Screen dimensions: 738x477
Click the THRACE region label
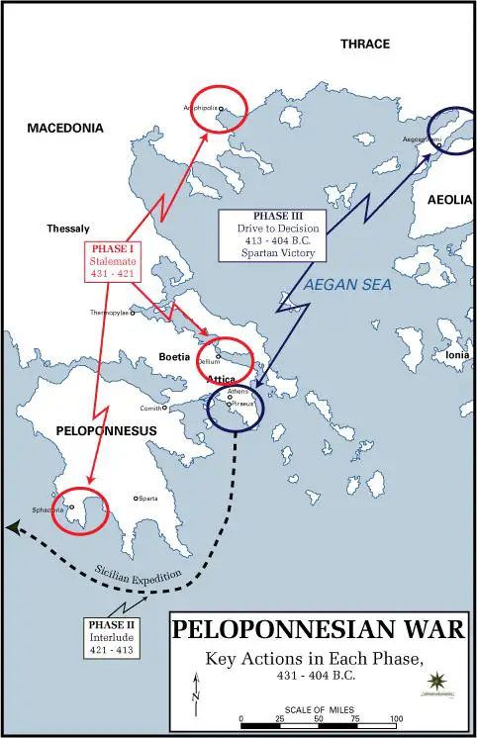pyautogui.click(x=365, y=45)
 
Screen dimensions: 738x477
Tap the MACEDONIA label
pyautogui.click(x=64, y=129)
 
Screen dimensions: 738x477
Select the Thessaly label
pyautogui.click(x=67, y=229)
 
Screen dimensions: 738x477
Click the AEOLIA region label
pyautogui.click(x=450, y=200)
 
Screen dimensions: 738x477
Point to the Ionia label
pyautogui.click(x=457, y=354)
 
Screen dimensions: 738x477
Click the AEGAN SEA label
pyautogui.click(x=342, y=283)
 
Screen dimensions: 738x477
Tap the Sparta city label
pyautogui.click(x=147, y=498)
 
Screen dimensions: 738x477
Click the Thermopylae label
pyautogui.click(x=109, y=313)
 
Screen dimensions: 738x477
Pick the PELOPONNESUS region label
pyautogui.click(x=65, y=432)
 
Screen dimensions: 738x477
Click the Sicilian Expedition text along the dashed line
pyautogui.click(x=139, y=574)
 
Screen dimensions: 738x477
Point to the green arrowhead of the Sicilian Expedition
pyautogui.click(x=12, y=528)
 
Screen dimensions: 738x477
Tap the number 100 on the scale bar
pyautogui.click(x=396, y=718)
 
